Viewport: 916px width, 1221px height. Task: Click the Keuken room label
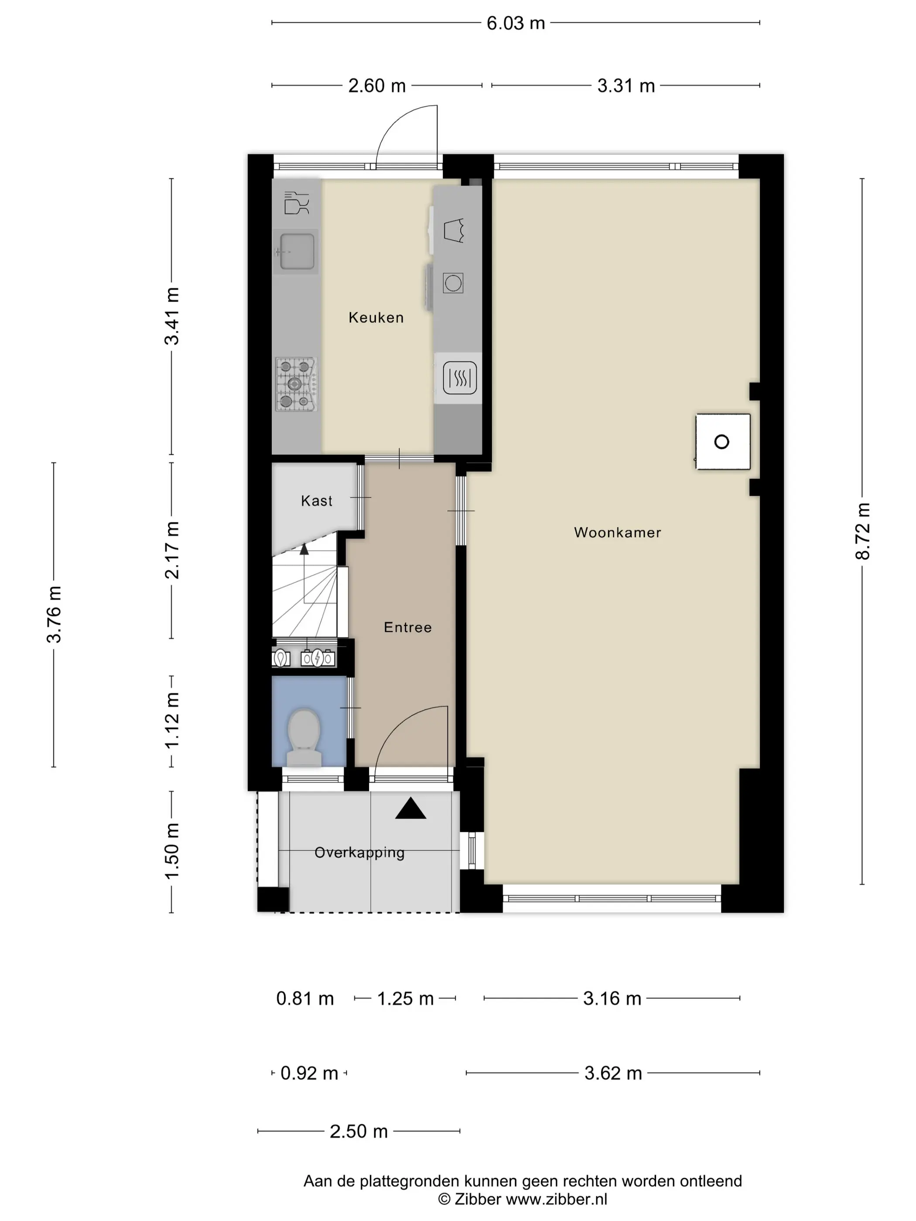[376, 317]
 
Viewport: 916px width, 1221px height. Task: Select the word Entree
[407, 627]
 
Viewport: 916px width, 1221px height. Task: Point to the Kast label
[316, 501]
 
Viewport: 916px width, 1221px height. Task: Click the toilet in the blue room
[304, 737]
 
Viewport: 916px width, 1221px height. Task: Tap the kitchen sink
[297, 252]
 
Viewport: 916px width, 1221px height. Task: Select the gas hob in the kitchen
[297, 384]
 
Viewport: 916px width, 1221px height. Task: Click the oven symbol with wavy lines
[459, 378]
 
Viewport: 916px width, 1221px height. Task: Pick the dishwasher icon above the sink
[297, 203]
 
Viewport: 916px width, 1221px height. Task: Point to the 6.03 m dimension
[516, 23]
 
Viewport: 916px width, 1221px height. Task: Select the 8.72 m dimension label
[862, 531]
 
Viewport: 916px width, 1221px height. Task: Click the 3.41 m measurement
[172, 316]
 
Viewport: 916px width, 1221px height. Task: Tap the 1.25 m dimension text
[405, 998]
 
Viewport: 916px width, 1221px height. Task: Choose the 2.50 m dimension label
[359, 1131]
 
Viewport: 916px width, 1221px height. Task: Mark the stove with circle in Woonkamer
[722, 442]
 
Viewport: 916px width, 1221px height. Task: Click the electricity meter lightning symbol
[318, 658]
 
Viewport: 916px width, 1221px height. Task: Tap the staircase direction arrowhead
[304, 549]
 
